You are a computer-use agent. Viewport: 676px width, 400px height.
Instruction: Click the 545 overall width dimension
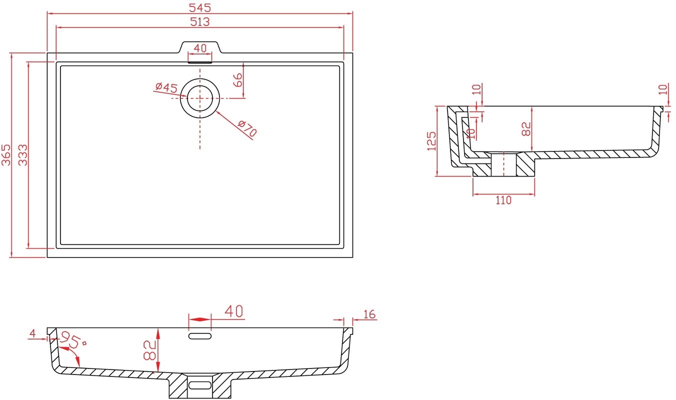tap(200, 7)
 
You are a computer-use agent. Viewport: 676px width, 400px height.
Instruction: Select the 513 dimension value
tap(200, 21)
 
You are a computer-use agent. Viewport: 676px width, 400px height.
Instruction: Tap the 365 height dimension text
tap(6, 155)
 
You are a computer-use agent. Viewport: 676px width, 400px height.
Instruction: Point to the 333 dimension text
tap(23, 155)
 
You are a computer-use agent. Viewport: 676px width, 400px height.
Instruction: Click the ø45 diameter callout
tap(166, 87)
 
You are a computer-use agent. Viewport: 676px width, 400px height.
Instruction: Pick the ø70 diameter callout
tap(247, 128)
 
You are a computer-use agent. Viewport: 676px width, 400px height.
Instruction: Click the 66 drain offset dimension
tap(238, 80)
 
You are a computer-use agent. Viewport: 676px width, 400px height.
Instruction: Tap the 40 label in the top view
tap(200, 48)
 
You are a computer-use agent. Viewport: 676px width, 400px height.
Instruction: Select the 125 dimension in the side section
tap(431, 141)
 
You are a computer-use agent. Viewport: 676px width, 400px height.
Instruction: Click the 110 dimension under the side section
tap(503, 200)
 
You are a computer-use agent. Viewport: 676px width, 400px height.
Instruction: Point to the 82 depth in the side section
tap(525, 129)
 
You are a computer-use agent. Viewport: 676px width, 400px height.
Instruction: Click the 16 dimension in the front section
tap(369, 314)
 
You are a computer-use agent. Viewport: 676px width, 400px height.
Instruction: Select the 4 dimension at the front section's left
tap(32, 333)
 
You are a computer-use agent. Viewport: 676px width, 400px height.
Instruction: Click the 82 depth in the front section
tap(149, 350)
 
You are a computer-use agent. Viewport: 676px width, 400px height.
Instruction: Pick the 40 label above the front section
tap(234, 311)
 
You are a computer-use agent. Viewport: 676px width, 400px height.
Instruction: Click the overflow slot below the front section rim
tap(200, 336)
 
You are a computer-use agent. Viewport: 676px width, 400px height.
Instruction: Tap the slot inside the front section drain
tap(200, 385)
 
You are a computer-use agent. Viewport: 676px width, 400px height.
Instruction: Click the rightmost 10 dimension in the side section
tap(662, 89)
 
